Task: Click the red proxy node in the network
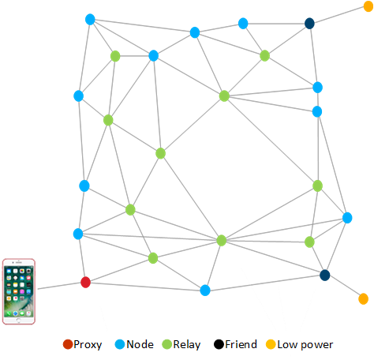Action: pyautogui.click(x=86, y=282)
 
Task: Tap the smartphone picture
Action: pyautogui.click(x=19, y=291)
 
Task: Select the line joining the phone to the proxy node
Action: pyautogui.click(x=58, y=286)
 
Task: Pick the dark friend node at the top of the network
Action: pyautogui.click(x=310, y=24)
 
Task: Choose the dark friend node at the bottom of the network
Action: pyautogui.click(x=324, y=275)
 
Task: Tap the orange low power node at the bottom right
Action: pyautogui.click(x=363, y=298)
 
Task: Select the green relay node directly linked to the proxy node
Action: pyautogui.click(x=153, y=258)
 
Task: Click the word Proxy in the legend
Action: pyautogui.click(x=87, y=345)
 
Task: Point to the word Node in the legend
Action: pyautogui.click(x=139, y=345)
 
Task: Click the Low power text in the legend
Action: pyautogui.click(x=305, y=345)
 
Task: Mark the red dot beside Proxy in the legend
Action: pyautogui.click(x=67, y=345)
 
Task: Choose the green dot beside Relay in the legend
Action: pyautogui.click(x=166, y=345)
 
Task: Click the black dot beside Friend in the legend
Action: pyautogui.click(x=218, y=345)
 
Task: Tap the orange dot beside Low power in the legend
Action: pyautogui.click(x=270, y=345)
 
